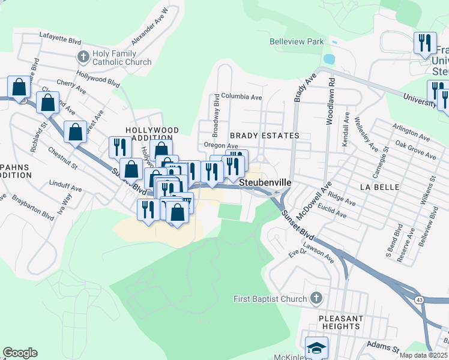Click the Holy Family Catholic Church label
pyautogui.click(x=122, y=58)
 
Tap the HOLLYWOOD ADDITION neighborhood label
pyautogui.click(x=152, y=134)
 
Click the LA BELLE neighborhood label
pyautogui.click(x=379, y=187)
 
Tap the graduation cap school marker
pyautogui.click(x=316, y=347)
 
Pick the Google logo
pyautogui.click(x=20, y=353)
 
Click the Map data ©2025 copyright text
pyautogui.click(x=423, y=355)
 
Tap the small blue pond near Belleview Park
pyautogui.click(x=328, y=59)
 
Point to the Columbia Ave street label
pyautogui.click(x=241, y=96)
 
